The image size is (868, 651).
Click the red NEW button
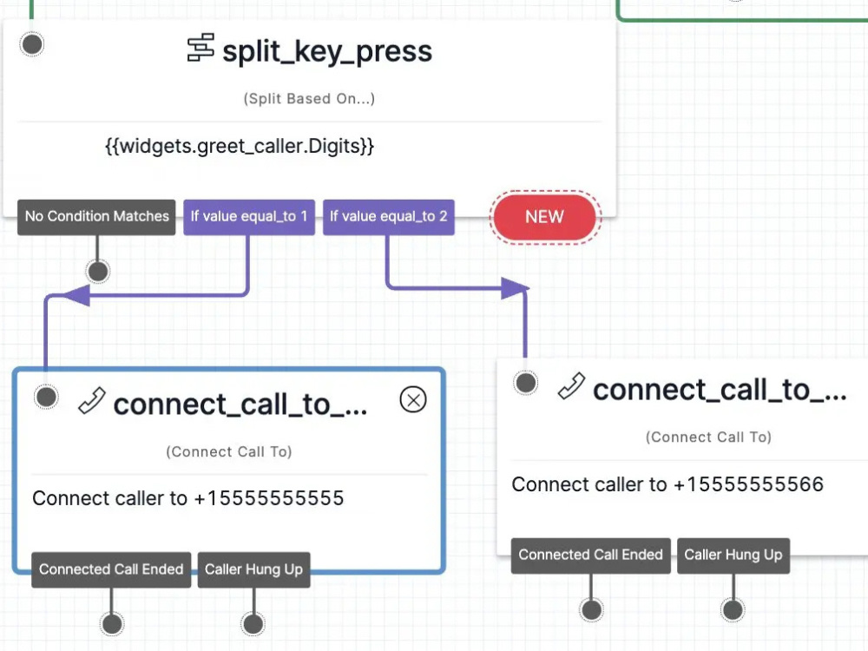pyautogui.click(x=545, y=216)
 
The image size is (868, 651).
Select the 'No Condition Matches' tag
pyautogui.click(x=96, y=217)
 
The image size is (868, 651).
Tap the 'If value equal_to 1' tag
pyautogui.click(x=249, y=217)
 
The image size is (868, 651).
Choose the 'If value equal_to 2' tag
pyautogui.click(x=389, y=217)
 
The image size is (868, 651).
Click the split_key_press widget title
pyautogui.click(x=327, y=51)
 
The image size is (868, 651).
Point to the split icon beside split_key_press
pyautogui.click(x=201, y=48)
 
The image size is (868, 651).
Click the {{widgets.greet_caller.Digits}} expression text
pyautogui.click(x=240, y=146)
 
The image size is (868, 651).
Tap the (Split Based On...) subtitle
pyautogui.click(x=310, y=99)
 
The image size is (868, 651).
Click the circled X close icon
pyautogui.click(x=413, y=399)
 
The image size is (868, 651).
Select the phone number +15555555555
pyautogui.click(x=269, y=498)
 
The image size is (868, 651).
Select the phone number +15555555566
pyautogui.click(x=748, y=484)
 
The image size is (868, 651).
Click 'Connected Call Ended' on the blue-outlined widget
pyautogui.click(x=111, y=569)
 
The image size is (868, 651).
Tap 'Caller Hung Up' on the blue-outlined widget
pyautogui.click(x=253, y=569)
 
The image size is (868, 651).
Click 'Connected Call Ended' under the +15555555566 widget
pyautogui.click(x=590, y=556)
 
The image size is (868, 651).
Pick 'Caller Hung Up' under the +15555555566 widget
pyautogui.click(x=733, y=556)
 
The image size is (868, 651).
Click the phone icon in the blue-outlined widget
pyautogui.click(x=92, y=401)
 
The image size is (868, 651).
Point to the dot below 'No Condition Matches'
pyautogui.click(x=98, y=272)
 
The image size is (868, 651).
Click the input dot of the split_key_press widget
pyautogui.click(x=31, y=44)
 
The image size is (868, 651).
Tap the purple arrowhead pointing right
pyautogui.click(x=515, y=288)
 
